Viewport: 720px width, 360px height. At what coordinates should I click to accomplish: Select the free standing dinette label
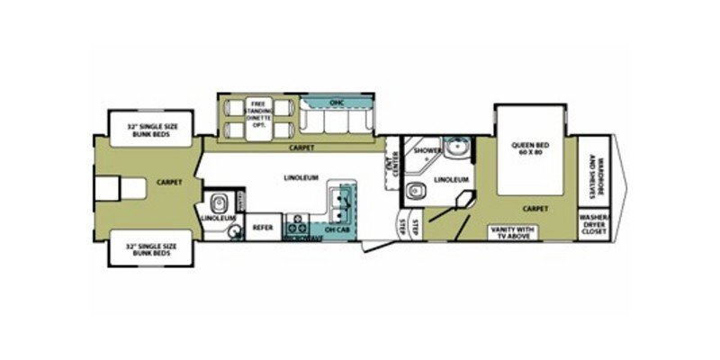[x=256, y=119]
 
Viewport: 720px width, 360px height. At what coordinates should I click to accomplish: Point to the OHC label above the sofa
[x=336, y=104]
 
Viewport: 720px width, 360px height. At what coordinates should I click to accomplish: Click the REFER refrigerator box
[x=262, y=229]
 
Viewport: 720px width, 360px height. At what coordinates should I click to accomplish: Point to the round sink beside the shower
[x=457, y=147]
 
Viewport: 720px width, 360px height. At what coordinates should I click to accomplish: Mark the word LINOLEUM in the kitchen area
[x=301, y=177]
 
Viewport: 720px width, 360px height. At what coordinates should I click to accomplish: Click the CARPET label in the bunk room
[x=169, y=181]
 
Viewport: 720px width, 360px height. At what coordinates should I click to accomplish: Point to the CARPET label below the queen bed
[x=535, y=208]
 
